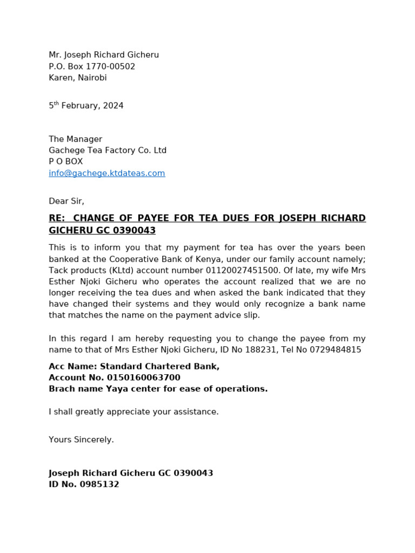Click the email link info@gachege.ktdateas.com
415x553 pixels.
tap(107, 173)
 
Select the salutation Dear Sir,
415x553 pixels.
tap(66, 201)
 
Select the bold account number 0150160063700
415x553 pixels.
tap(144, 378)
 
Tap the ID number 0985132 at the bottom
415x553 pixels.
tap(100, 485)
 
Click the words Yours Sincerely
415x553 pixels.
tap(81, 440)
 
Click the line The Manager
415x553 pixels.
tap(75, 139)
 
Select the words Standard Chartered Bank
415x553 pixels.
tap(159, 367)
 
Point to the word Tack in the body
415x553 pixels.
tap(58, 270)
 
